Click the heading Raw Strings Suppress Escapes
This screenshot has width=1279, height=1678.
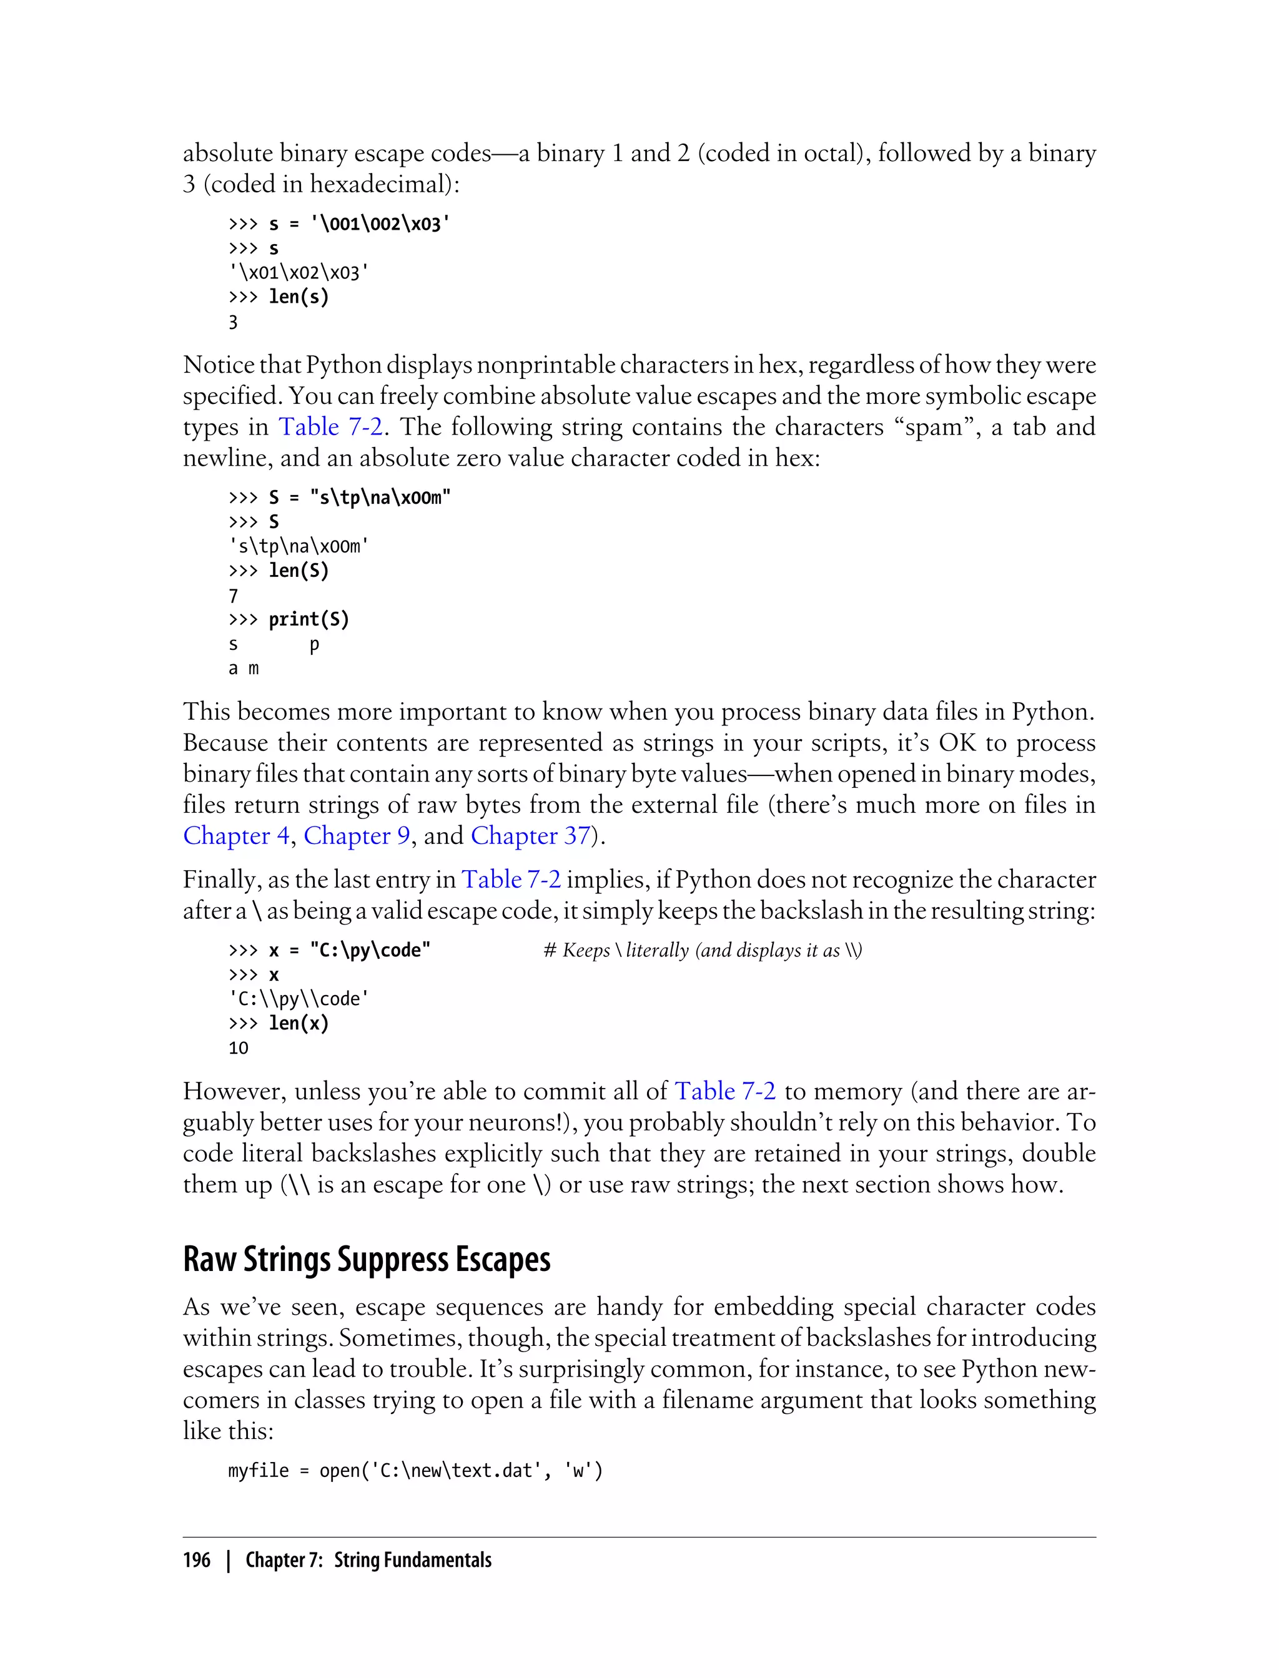(x=366, y=1260)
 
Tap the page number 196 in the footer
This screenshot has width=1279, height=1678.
(x=197, y=1560)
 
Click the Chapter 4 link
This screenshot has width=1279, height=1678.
(x=236, y=836)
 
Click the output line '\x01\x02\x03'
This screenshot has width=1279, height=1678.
(x=299, y=272)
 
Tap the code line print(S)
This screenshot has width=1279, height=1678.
(x=309, y=619)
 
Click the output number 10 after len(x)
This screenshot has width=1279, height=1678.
(x=239, y=1048)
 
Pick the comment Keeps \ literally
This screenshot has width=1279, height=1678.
(x=702, y=951)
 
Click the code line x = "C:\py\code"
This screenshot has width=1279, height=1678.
(x=350, y=951)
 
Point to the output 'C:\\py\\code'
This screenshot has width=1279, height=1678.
(x=299, y=999)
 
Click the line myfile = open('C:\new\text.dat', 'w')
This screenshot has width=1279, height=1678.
(x=415, y=1470)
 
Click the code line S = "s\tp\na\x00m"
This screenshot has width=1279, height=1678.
(x=359, y=498)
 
